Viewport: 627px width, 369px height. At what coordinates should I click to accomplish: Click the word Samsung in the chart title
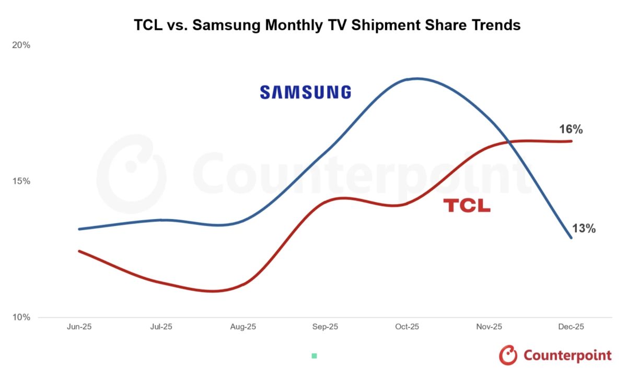click(x=226, y=25)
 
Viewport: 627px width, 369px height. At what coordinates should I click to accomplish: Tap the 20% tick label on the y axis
click(x=21, y=45)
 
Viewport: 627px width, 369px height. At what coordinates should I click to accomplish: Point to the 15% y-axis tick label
click(x=21, y=181)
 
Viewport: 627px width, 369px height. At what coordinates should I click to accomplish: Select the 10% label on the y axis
click(x=21, y=317)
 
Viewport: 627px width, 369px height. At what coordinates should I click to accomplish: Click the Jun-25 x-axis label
click(x=78, y=327)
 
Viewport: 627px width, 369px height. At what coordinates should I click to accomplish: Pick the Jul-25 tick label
click(x=160, y=327)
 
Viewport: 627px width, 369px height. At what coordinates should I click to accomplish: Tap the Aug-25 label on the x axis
click(x=243, y=327)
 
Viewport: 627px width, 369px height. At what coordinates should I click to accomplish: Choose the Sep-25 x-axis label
click(x=325, y=327)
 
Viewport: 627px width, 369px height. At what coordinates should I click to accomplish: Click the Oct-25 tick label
click(x=407, y=327)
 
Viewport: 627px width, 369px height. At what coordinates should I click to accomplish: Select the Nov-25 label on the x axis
click(x=490, y=327)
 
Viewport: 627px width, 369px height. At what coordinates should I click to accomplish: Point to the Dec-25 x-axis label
click(x=571, y=327)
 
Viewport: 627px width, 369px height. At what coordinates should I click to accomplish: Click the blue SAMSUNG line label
click(x=306, y=92)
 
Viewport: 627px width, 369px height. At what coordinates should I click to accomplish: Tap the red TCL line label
click(x=467, y=206)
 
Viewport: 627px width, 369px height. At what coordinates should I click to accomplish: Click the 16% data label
click(x=570, y=129)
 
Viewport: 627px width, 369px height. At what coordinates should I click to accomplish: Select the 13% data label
click(x=584, y=229)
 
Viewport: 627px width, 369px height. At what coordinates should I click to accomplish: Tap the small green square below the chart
click(x=314, y=356)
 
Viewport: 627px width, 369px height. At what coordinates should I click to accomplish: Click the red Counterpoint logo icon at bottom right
click(x=508, y=355)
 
